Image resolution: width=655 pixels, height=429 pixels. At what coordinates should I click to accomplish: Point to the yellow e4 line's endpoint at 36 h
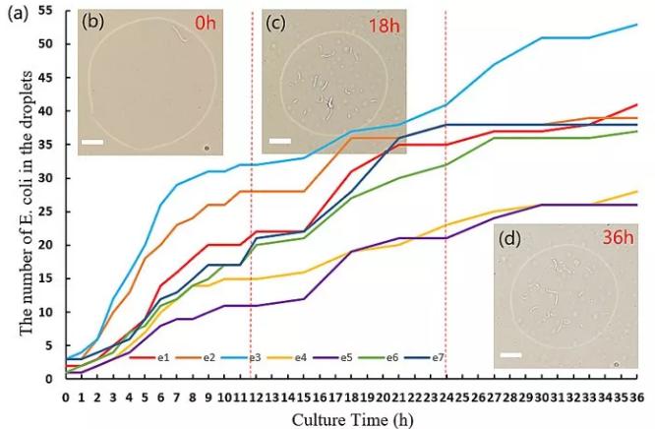[636, 192]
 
